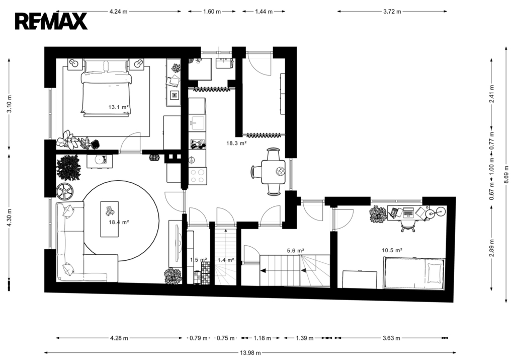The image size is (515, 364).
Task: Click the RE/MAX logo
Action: pyautogui.click(x=51, y=21)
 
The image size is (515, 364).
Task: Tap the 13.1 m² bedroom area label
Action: pyautogui.click(x=118, y=107)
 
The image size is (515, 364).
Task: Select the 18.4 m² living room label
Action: pyautogui.click(x=119, y=222)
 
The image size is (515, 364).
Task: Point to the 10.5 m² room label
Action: pyautogui.click(x=392, y=250)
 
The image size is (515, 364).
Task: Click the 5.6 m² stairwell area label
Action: pyautogui.click(x=295, y=251)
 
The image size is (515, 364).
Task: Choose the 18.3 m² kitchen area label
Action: pyautogui.click(x=236, y=143)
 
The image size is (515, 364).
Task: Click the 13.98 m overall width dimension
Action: pyautogui.click(x=250, y=353)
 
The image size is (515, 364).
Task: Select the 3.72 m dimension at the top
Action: pyautogui.click(x=392, y=12)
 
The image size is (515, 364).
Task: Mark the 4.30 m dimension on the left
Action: pyautogui.click(x=9, y=217)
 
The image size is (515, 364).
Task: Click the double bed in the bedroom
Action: pyautogui.click(x=106, y=88)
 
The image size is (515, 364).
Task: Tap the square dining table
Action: pyautogui.click(x=273, y=172)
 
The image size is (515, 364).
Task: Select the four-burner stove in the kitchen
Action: pyautogui.click(x=197, y=176)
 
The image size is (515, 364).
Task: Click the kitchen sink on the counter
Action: pyautogui.click(x=197, y=122)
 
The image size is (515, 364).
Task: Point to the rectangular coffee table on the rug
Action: pyautogui.click(x=109, y=219)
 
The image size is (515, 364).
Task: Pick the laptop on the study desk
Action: pyautogui.click(x=409, y=212)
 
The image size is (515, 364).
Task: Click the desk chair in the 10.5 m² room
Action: pyautogui.click(x=408, y=225)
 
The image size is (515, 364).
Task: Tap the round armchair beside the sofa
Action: pyautogui.click(x=65, y=191)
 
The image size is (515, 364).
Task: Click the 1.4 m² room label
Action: pyautogui.click(x=226, y=260)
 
